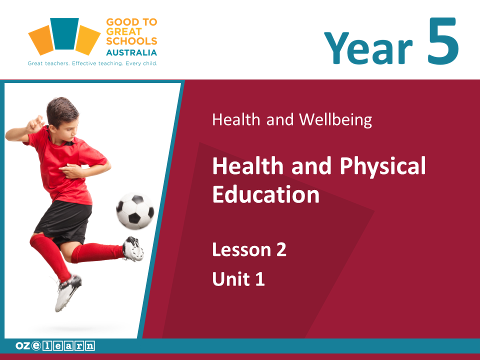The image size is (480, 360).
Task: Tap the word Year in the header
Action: point(368,48)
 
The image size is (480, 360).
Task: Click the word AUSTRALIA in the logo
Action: point(131,52)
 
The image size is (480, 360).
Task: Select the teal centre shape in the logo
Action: point(64,33)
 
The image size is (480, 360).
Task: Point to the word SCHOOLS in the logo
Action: point(131,41)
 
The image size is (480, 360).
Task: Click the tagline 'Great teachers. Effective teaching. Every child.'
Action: point(92,63)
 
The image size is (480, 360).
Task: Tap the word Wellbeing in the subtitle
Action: point(335,119)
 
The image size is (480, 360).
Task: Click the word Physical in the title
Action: point(382,166)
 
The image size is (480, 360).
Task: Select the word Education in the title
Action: point(266,194)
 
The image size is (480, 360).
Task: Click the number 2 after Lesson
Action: point(281,249)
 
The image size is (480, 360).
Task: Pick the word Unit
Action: point(231,278)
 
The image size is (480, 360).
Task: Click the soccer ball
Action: point(135,211)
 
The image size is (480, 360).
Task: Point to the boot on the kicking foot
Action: point(133,248)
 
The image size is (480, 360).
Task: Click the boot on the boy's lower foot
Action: point(68,292)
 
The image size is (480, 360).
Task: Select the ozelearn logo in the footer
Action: point(55,345)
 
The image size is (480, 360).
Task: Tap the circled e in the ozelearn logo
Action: point(36,345)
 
